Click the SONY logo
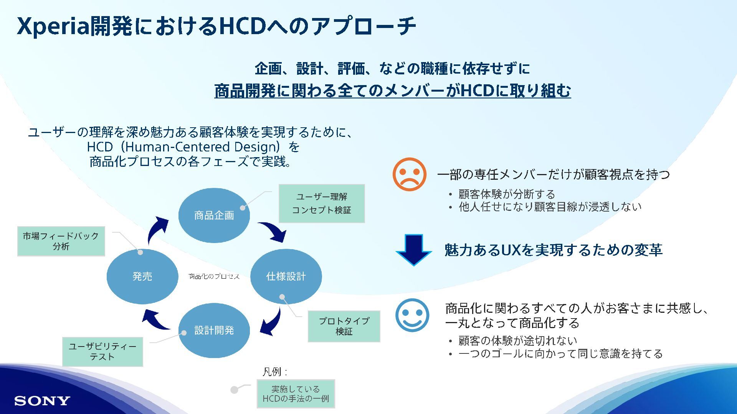42,401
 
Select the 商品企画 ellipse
214,215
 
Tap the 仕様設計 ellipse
286,276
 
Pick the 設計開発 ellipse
214,330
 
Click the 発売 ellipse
142,276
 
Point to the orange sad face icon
409,174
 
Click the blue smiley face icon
412,315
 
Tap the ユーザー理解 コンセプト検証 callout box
321,204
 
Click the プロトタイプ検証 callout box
344,326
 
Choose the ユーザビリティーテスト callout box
102,352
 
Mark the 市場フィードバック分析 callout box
61,241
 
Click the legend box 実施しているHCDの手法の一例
296,394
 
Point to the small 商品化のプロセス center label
214,276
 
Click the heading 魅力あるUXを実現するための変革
553,250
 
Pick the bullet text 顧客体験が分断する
507,194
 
